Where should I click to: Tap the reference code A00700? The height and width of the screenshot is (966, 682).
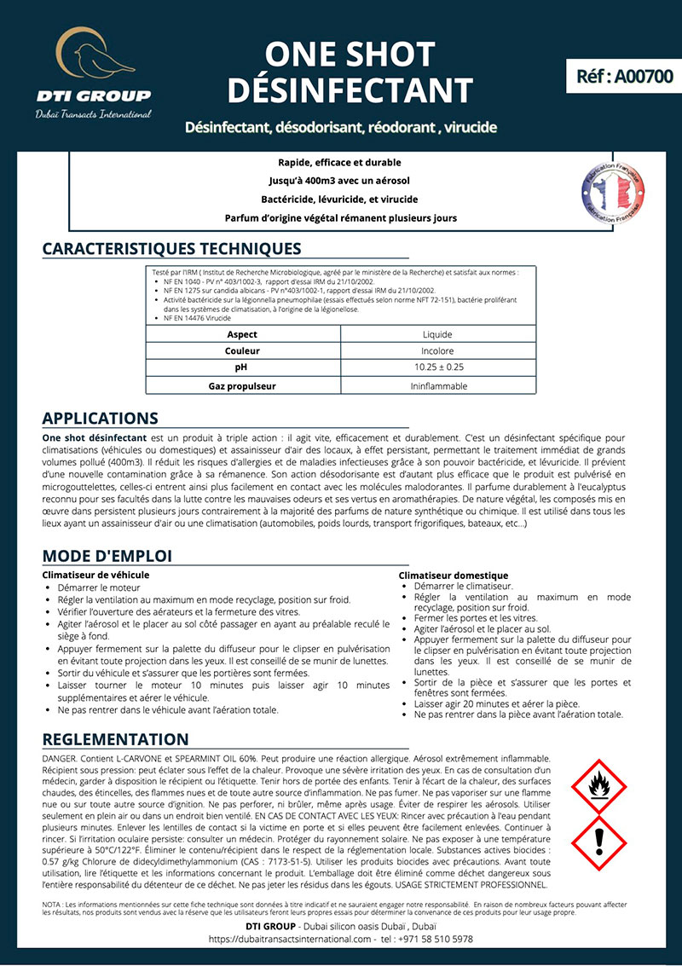tap(624, 76)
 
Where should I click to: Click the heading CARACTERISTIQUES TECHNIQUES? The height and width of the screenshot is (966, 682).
tap(171, 249)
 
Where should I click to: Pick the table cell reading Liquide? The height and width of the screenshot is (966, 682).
tap(437, 334)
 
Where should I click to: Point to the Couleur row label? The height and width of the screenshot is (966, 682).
tap(243, 351)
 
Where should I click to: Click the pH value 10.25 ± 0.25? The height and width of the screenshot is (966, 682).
tap(437, 367)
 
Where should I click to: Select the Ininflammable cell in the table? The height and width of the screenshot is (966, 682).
tap(437, 385)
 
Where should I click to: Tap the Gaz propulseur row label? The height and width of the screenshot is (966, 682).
tap(243, 385)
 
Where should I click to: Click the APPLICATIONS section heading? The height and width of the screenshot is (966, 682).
tap(100, 419)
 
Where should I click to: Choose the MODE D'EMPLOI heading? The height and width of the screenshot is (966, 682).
tap(107, 556)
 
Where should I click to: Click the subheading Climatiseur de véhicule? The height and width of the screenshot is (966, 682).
tap(95, 575)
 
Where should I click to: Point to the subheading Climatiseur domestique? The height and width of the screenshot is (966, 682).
tap(453, 576)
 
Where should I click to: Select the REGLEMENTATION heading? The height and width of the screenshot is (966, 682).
tap(115, 739)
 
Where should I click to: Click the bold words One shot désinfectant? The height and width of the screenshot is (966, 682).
tap(95, 437)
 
